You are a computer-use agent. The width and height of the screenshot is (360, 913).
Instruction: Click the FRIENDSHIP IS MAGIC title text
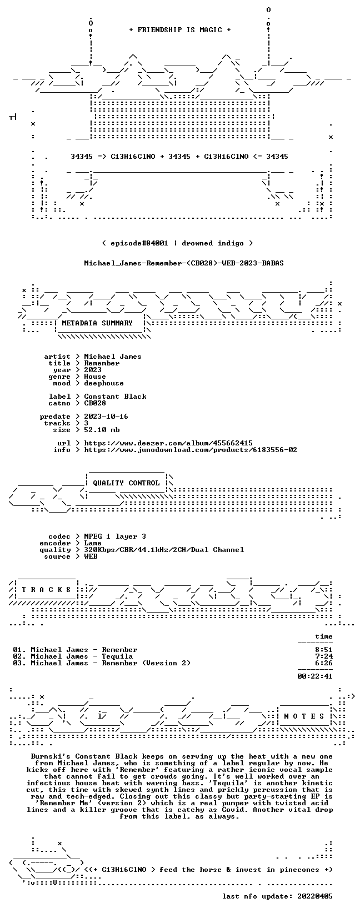pos(180,30)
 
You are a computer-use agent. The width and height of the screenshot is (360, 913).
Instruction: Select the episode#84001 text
pos(139,243)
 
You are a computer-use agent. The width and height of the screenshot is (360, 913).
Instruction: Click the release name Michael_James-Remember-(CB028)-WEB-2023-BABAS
pos(184,263)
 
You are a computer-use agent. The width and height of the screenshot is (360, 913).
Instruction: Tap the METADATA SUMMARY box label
pos(97,323)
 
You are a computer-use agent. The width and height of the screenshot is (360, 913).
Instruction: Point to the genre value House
pos(95,377)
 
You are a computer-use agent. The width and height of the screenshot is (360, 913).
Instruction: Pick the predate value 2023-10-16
pos(106,417)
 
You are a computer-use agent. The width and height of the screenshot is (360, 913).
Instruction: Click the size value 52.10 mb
pos(102,430)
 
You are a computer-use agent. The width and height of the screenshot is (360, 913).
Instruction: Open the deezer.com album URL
pos(168,443)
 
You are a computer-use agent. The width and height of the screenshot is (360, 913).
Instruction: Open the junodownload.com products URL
pos(191,450)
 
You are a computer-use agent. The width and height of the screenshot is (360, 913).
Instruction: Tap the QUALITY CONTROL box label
pos(126,483)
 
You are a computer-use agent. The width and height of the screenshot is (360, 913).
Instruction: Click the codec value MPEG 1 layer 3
pos(115,536)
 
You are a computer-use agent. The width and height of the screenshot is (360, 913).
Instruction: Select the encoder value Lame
pos(93,543)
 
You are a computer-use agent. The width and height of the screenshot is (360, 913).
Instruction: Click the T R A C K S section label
pos(47,590)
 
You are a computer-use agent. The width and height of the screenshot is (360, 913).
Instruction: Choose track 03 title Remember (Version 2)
pos(146,663)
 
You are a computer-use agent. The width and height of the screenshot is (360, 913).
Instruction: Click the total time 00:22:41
pos(315,676)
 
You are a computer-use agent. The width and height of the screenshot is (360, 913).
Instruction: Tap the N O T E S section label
pos(304,716)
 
